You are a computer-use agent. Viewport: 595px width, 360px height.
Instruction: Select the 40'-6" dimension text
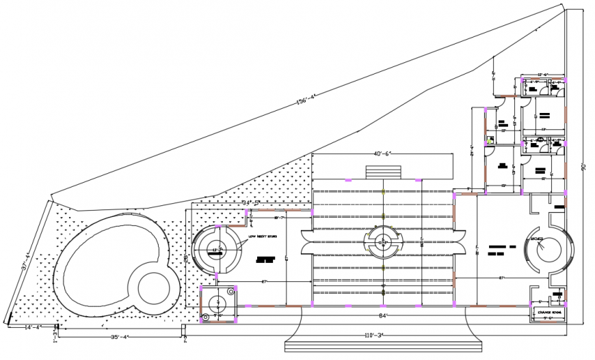pyautogui.click(x=382, y=154)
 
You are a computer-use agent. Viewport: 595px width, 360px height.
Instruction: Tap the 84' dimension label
pyautogui.click(x=384, y=315)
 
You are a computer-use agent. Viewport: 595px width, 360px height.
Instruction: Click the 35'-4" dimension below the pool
pyautogui.click(x=119, y=335)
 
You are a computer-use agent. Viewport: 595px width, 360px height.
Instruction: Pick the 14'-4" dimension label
pyautogui.click(x=32, y=327)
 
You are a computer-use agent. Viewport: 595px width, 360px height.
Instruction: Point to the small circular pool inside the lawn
pyautogui.click(x=152, y=287)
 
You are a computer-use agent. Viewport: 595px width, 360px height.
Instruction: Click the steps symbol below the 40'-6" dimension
pyautogui.click(x=381, y=172)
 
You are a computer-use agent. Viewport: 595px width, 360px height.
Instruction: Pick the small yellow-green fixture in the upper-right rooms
pyautogui.click(x=490, y=140)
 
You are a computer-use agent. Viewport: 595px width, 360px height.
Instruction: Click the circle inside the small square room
pyautogui.click(x=218, y=303)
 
